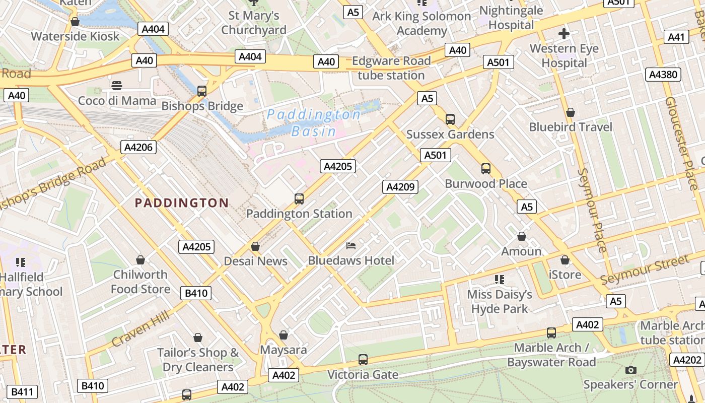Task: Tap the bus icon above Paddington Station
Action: point(299,199)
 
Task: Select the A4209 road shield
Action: point(400,187)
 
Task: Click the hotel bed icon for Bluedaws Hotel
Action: point(351,246)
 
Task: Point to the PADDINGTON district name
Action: point(182,203)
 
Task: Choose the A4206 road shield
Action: point(139,147)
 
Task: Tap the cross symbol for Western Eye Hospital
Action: point(564,34)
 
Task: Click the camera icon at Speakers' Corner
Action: point(630,370)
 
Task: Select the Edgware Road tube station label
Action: point(391,68)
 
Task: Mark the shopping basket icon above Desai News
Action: point(255,246)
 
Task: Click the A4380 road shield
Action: point(663,75)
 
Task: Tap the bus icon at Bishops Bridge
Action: point(202,91)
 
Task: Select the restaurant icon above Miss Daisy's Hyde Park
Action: point(500,279)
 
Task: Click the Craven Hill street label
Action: point(140,329)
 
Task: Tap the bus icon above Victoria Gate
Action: point(363,360)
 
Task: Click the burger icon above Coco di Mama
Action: point(117,86)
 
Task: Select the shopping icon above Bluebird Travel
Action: point(571,112)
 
